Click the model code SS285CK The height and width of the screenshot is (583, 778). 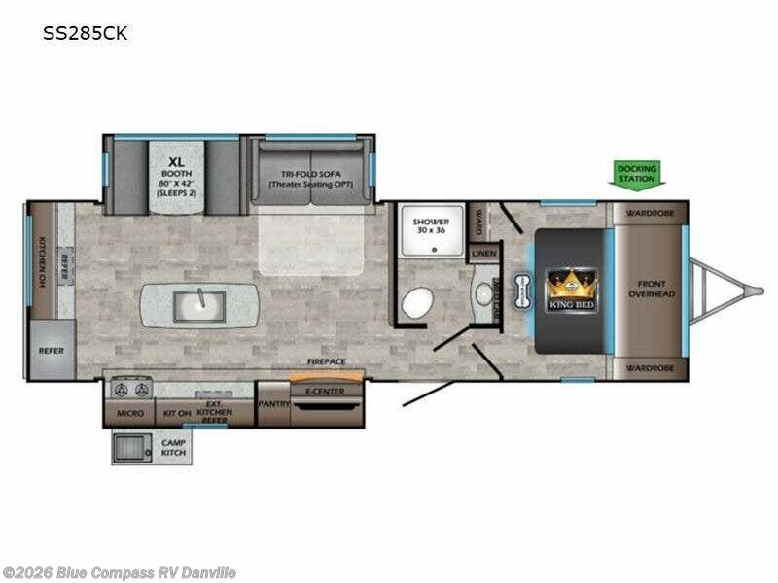(85, 34)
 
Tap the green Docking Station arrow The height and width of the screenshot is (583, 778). (638, 174)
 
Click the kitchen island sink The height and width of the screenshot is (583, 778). (198, 306)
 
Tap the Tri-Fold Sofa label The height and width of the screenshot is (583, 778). (309, 179)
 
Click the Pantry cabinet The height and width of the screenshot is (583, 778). (272, 402)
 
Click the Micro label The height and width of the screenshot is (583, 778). (130, 413)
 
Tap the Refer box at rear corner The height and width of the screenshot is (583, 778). (51, 351)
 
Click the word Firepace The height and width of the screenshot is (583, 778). (327, 361)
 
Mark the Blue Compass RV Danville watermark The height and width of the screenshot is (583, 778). (119, 573)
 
